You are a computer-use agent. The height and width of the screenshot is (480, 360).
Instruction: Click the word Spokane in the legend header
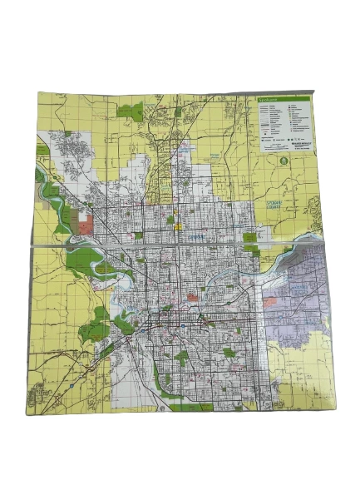[268, 99]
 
